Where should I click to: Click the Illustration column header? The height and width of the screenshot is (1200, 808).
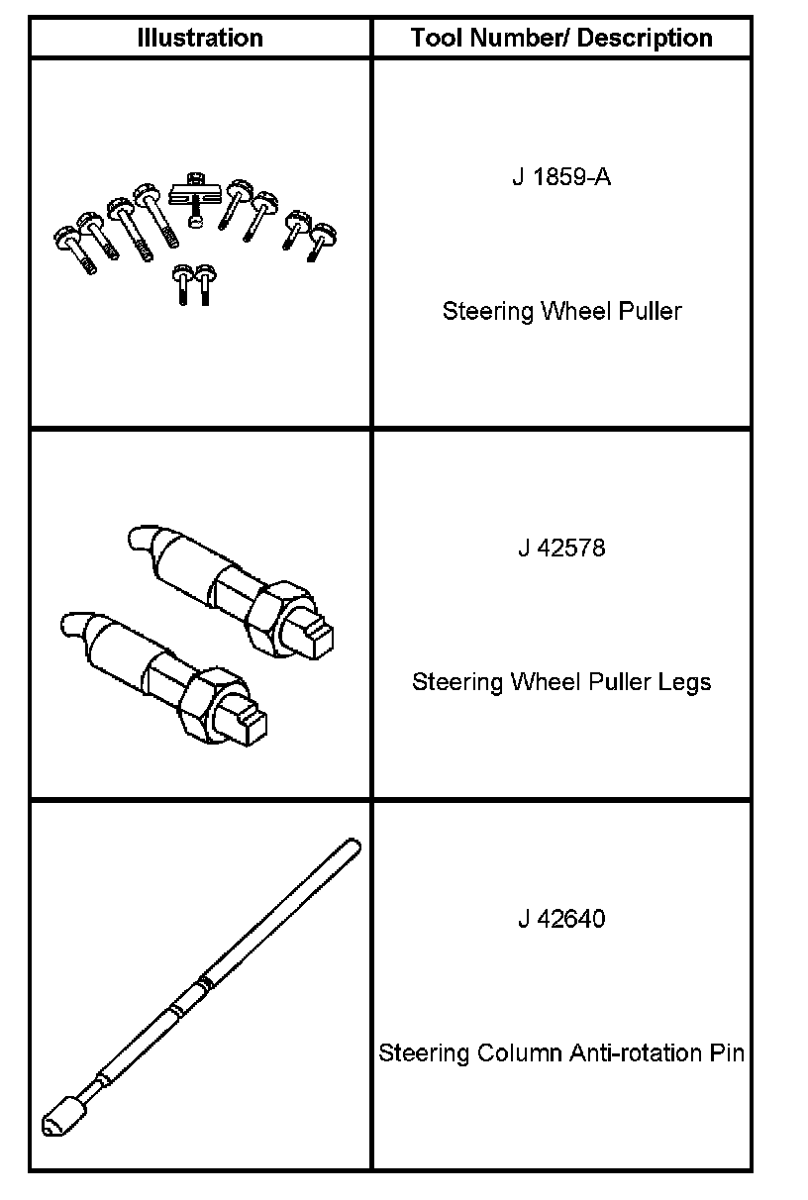tap(200, 39)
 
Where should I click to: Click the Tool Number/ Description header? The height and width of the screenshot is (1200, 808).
tap(561, 39)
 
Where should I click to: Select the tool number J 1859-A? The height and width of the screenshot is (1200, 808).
tap(561, 178)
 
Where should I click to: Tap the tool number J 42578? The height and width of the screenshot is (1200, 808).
tap(561, 548)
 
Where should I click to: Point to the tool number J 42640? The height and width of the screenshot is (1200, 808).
tap(561, 919)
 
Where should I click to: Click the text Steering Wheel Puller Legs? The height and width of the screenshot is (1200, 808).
tap(561, 682)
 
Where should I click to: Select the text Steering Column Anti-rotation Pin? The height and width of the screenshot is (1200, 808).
tap(561, 1052)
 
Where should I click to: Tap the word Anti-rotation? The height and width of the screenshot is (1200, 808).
tap(636, 1052)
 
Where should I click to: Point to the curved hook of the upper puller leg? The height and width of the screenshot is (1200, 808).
tap(140, 539)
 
